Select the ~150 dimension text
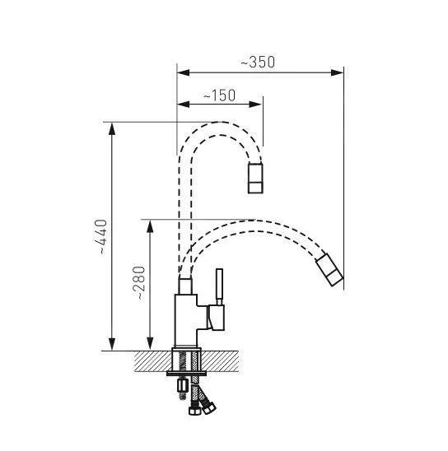(219, 95)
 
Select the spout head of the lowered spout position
(329, 272)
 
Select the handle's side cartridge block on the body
(217, 316)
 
